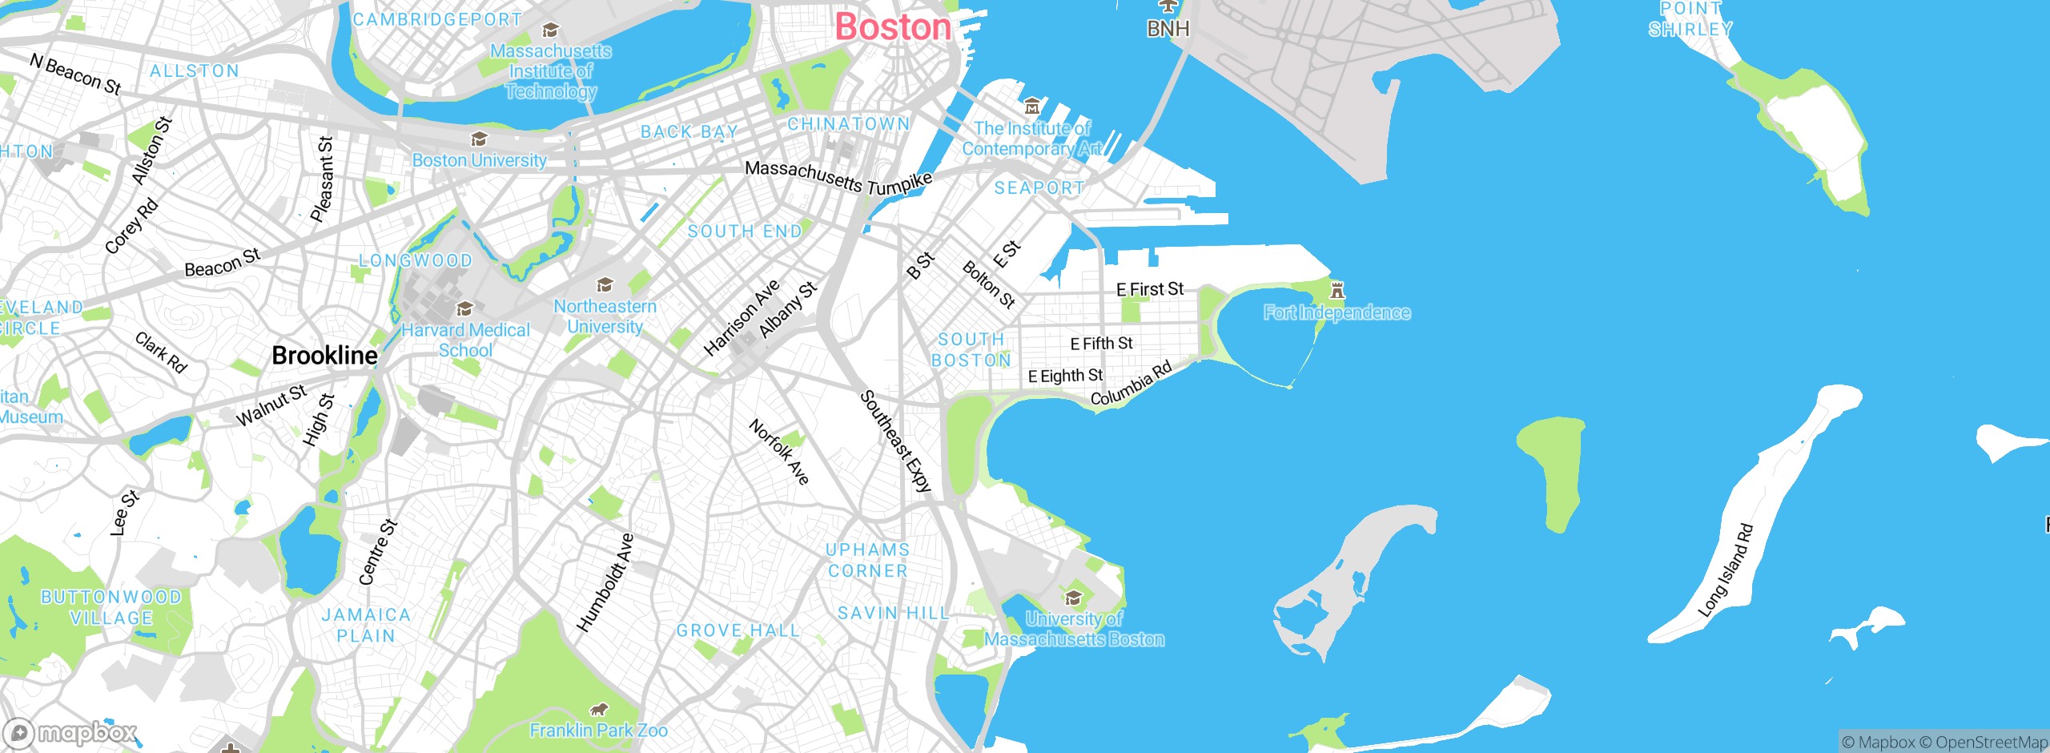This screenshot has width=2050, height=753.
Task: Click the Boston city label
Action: tap(893, 27)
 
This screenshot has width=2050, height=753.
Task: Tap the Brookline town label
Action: tap(324, 356)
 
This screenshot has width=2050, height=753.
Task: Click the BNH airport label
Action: tap(1168, 29)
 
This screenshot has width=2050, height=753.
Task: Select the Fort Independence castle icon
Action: tap(1337, 290)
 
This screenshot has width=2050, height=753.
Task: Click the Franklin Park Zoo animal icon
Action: tap(599, 710)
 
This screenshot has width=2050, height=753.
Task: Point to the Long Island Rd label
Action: tap(1726, 570)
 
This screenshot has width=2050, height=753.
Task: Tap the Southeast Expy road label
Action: tap(896, 441)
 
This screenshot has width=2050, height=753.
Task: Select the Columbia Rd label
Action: tap(1132, 383)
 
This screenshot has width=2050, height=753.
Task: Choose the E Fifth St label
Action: tap(1101, 344)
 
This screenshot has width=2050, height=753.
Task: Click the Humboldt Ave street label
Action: tap(605, 582)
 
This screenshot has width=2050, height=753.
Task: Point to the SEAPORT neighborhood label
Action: tap(1039, 188)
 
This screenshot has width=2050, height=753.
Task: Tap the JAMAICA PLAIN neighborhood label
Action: tap(366, 626)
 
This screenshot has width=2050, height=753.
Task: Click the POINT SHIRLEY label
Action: tap(1690, 19)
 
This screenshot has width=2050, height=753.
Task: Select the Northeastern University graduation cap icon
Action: tap(605, 285)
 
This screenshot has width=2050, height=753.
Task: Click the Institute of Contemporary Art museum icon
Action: tap(1032, 106)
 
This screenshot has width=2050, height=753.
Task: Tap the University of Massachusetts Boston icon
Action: tap(1073, 598)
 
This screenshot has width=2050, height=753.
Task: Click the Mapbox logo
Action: tap(70, 733)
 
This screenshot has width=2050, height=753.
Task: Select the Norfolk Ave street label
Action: tap(779, 452)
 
